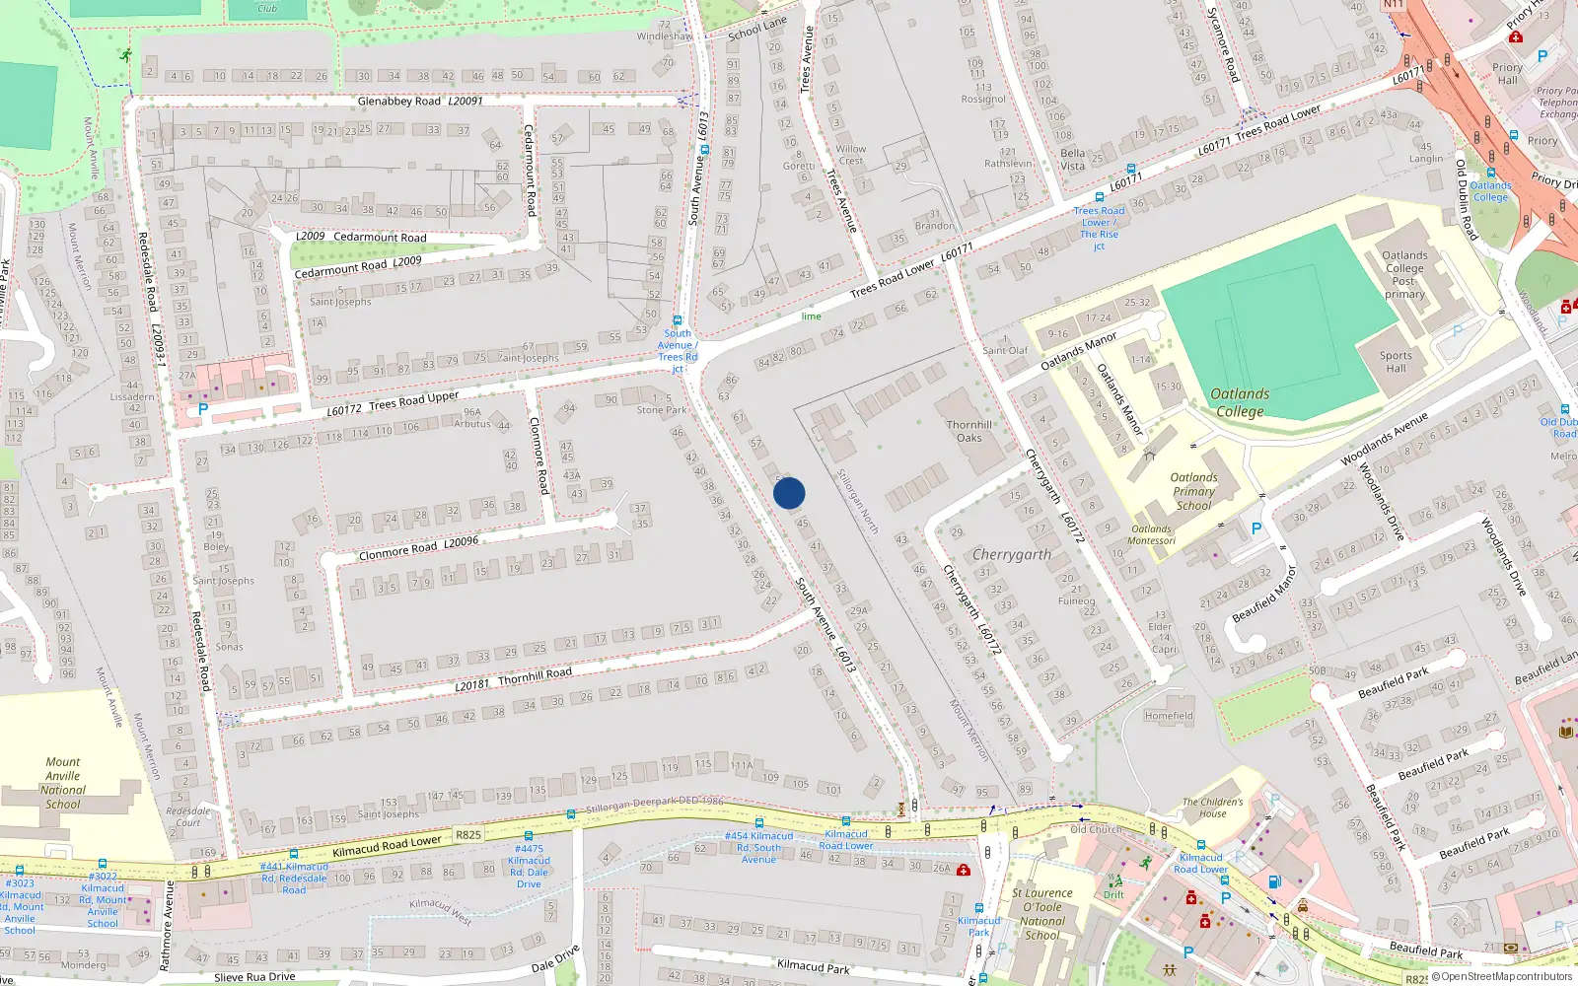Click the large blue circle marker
(789, 493)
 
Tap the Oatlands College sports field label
(1240, 402)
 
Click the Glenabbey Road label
(398, 101)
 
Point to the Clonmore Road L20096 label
(418, 548)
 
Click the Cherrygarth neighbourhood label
(1011, 554)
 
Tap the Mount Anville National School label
(63, 783)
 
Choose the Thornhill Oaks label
(969, 431)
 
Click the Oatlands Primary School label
(1193, 491)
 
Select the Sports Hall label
(1396, 362)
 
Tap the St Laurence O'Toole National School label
(1042, 914)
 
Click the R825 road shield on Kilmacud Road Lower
(468, 835)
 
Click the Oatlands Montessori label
(1151, 534)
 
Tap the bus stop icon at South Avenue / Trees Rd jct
(678, 320)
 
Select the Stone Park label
(661, 410)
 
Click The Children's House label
(1212, 808)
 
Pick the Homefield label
(1169, 716)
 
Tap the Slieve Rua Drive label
(254, 977)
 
